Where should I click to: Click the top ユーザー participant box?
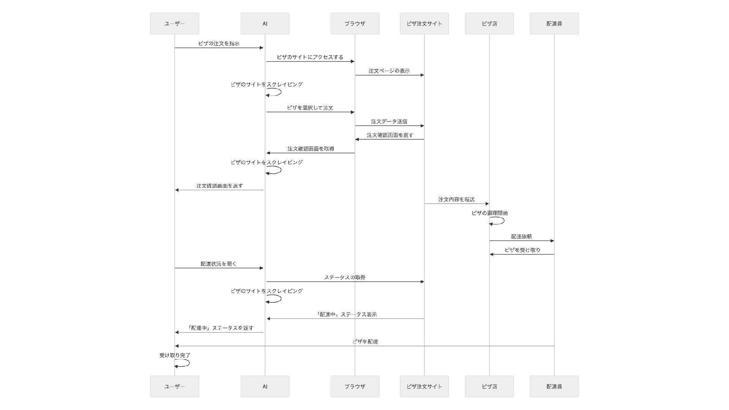[174, 24]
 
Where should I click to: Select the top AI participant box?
[265, 24]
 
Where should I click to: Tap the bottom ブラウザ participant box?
[355, 386]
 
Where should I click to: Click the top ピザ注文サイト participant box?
[424, 24]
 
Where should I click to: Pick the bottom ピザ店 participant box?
[489, 386]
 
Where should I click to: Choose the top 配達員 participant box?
[554, 24]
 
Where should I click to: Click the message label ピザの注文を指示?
[219, 44]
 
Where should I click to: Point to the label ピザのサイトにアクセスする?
[310, 57]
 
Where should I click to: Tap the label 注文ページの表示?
[389, 71]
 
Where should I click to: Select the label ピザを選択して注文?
[310, 108]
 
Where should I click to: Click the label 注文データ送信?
[389, 121]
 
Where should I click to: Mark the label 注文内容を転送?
[456, 199]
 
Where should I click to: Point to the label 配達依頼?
[521, 237]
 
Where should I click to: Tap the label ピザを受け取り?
[522, 250]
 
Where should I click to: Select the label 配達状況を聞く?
[218, 264]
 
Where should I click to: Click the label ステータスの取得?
[344, 278]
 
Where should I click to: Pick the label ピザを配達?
[365, 342]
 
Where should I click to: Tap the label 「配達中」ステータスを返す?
[220, 328]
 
